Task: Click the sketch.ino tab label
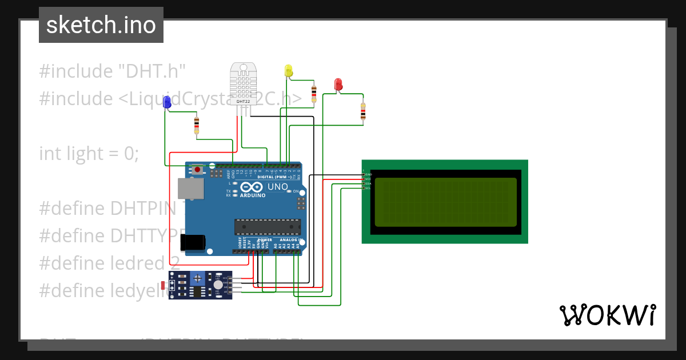tap(101, 25)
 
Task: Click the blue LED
tap(167, 102)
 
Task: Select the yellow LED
tap(289, 71)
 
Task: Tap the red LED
tap(338, 85)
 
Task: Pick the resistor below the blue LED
tap(197, 124)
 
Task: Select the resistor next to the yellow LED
tap(313, 93)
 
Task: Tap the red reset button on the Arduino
tap(198, 169)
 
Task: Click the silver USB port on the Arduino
tap(190, 189)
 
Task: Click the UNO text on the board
tap(278, 186)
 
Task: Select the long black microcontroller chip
tap(267, 227)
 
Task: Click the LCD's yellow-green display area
tap(445, 202)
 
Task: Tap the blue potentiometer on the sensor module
tap(198, 278)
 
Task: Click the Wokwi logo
tap(607, 315)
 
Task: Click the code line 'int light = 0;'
tap(89, 153)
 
